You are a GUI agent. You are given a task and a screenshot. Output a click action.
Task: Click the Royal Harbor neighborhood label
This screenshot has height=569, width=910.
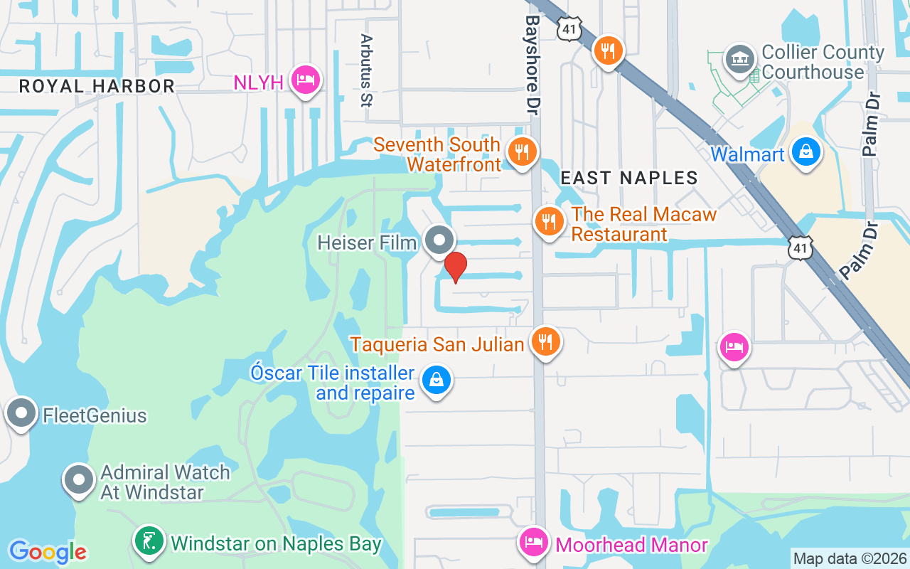pos(97,86)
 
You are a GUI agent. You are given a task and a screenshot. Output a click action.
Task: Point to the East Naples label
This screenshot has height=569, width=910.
pos(629,178)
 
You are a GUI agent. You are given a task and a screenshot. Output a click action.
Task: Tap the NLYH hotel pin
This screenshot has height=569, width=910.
pos(305,80)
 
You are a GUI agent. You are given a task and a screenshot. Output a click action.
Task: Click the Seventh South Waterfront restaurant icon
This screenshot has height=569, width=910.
pos(522,151)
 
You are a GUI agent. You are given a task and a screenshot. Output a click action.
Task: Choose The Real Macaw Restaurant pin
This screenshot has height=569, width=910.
pos(550,221)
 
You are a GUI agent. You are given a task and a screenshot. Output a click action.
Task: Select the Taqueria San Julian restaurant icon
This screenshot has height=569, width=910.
pos(545,342)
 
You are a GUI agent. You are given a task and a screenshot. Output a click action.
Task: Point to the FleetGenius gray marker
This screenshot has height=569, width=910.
pos(21,413)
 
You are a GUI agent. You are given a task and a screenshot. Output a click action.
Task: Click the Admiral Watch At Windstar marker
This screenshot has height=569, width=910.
pos(79,480)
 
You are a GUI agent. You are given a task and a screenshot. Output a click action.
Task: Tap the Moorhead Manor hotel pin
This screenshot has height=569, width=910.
pos(533,542)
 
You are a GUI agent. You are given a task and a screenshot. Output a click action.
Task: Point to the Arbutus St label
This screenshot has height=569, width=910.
pos(366,70)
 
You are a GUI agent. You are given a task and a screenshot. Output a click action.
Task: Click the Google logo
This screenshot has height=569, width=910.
pos(48,552)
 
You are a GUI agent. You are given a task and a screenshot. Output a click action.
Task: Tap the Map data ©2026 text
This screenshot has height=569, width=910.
pos(850,559)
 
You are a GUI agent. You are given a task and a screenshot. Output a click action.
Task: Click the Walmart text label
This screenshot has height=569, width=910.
pos(747,154)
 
